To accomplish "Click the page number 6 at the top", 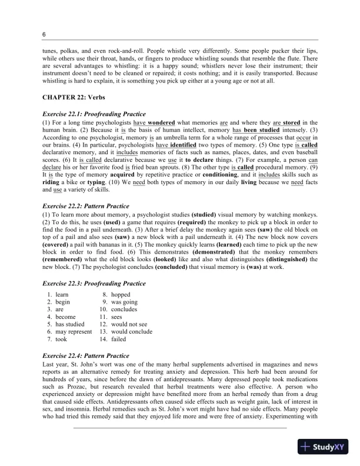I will pos(44,35).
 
